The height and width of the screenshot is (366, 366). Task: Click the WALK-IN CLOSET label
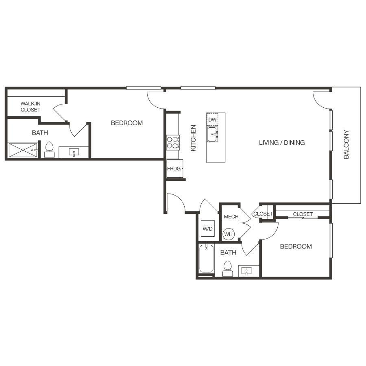tap(30, 107)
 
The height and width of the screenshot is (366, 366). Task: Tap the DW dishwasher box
tap(212, 120)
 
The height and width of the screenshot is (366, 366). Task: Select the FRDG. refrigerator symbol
tap(174, 168)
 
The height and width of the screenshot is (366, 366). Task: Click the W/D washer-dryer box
tap(207, 229)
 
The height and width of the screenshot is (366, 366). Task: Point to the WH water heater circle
tap(228, 234)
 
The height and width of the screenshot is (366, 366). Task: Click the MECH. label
tap(231, 217)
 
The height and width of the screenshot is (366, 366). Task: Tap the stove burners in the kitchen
tap(173, 142)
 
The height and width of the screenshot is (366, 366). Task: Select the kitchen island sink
tap(212, 135)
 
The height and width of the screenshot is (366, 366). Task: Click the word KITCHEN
tap(194, 138)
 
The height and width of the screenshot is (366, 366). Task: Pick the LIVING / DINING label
tap(282, 143)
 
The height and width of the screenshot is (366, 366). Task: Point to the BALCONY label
tap(346, 144)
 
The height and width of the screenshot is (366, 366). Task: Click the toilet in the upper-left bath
tap(50, 149)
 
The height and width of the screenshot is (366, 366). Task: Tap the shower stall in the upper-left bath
tap(23, 150)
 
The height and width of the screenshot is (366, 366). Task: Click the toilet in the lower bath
tap(228, 268)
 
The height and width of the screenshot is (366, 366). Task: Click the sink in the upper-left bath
tap(74, 152)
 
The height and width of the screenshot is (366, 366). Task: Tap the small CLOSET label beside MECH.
tap(263, 214)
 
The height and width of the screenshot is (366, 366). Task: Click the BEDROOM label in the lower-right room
tap(296, 246)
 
